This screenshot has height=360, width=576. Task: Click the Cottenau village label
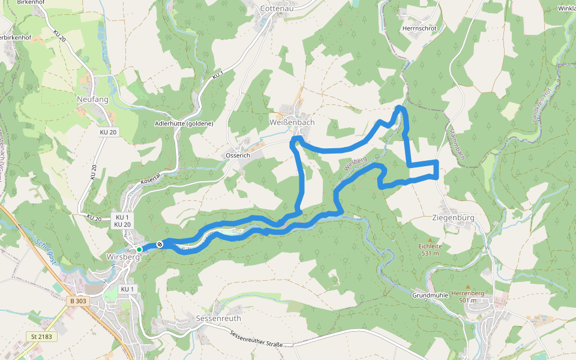(277, 8)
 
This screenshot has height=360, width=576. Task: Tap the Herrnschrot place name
(420, 28)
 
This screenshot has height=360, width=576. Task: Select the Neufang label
(92, 99)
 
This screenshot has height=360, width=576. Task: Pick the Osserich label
(238, 155)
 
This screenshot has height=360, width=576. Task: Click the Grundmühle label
(431, 295)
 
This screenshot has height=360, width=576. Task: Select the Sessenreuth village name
(218, 317)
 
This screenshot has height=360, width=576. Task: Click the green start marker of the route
(139, 249)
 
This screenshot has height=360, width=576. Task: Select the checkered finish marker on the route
(160, 244)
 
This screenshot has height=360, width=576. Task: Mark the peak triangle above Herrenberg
(467, 286)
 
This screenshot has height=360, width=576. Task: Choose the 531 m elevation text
(431, 253)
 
